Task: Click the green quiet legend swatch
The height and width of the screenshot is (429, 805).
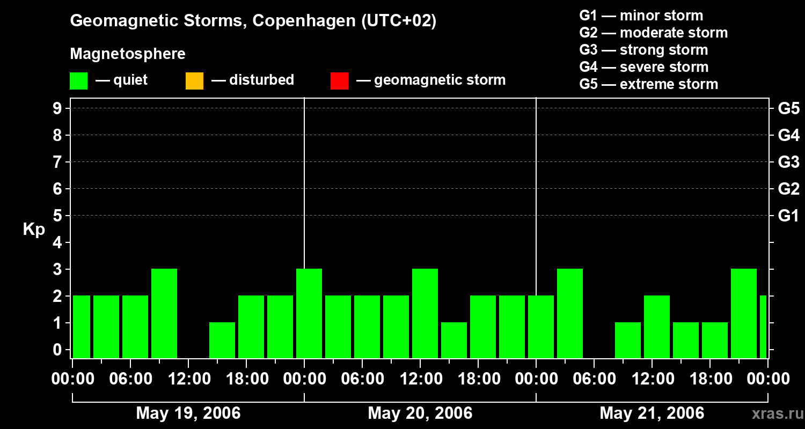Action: click(x=78, y=80)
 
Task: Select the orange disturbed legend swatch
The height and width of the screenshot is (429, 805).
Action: click(x=194, y=80)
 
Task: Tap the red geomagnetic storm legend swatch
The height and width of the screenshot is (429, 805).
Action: click(x=339, y=80)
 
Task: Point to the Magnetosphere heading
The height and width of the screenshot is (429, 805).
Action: click(x=128, y=54)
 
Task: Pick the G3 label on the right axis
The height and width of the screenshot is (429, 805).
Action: click(x=788, y=162)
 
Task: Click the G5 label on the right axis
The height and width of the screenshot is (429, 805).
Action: click(x=788, y=108)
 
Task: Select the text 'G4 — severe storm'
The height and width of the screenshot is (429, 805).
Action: click(x=643, y=67)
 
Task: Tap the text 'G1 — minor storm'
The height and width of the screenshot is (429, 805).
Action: click(x=641, y=16)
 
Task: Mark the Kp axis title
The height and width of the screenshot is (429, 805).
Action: click(x=34, y=230)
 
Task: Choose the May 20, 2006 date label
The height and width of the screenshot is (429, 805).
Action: click(x=420, y=413)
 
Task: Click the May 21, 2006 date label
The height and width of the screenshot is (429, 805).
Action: click(x=652, y=413)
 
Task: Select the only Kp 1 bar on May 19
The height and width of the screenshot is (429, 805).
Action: click(x=222, y=340)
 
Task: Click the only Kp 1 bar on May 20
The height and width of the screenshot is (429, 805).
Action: click(x=454, y=340)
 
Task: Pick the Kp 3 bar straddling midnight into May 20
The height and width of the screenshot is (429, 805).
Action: click(x=309, y=313)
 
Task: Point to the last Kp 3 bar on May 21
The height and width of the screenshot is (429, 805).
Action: click(x=744, y=313)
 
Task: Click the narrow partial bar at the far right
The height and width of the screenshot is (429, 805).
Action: click(x=763, y=327)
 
